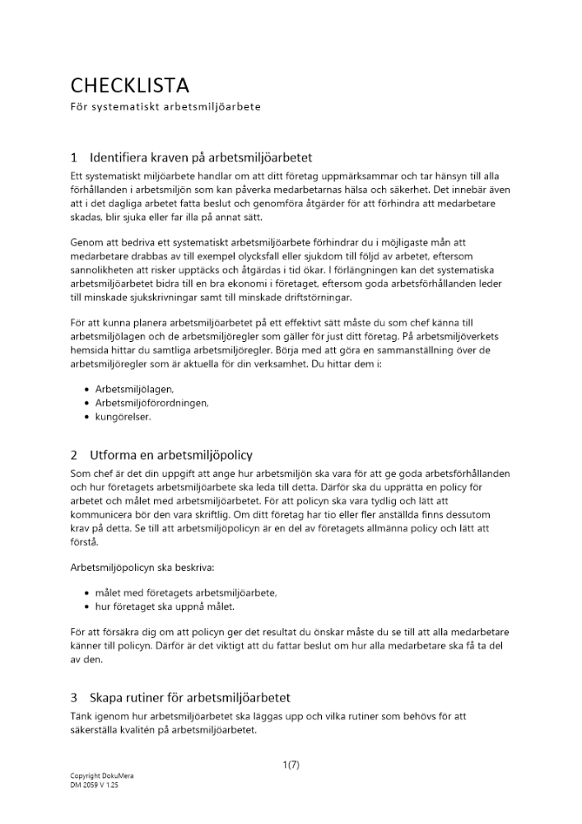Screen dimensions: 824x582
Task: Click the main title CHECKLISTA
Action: (129, 85)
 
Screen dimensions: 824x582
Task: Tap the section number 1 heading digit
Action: (74, 157)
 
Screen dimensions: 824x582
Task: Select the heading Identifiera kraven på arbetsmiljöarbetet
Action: (201, 157)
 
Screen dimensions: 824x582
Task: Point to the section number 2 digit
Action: (74, 455)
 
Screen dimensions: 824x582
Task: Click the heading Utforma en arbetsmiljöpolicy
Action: (171, 455)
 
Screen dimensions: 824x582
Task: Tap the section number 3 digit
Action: (74, 697)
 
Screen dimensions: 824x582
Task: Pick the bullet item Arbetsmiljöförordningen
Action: (151, 402)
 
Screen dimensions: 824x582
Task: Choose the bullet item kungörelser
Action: (123, 416)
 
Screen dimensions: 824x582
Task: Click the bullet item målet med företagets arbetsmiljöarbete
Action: (186, 592)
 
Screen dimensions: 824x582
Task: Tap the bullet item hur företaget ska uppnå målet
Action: (165, 606)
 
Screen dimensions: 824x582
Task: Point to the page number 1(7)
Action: (291, 765)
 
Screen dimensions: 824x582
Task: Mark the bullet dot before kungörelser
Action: (87, 417)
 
